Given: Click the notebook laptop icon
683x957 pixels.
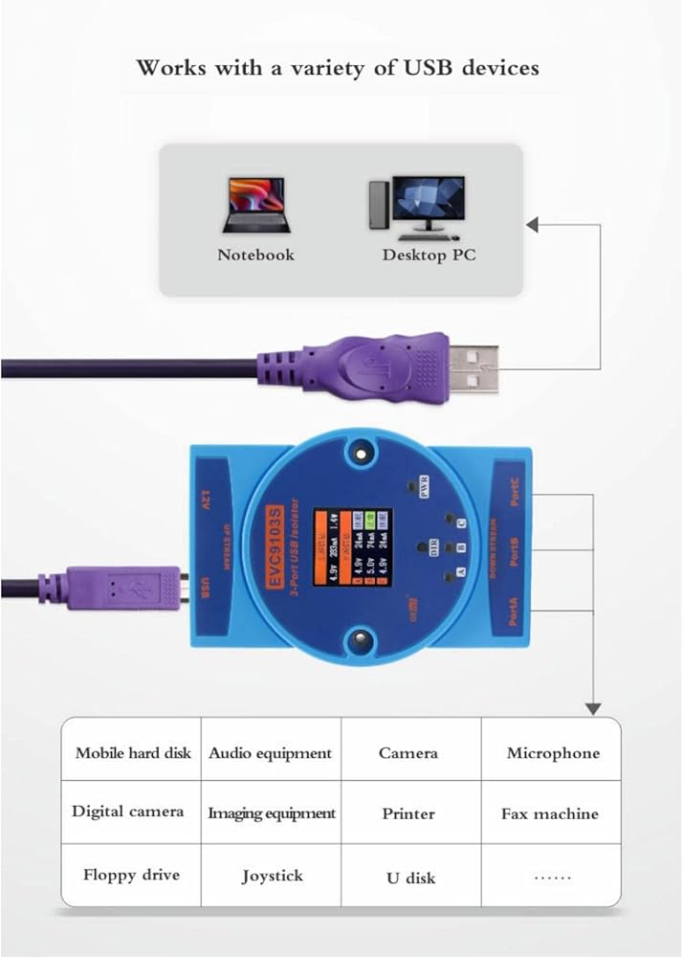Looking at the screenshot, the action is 254,205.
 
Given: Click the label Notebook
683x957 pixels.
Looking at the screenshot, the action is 255,255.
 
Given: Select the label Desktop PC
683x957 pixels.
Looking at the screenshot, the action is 429,255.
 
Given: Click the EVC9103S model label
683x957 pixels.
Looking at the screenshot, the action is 271,546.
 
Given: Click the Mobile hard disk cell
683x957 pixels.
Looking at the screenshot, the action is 133,753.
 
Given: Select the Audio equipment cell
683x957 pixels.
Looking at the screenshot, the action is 271,753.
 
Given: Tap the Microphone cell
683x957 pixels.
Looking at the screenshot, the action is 553,753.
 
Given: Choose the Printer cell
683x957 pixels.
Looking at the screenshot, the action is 408,813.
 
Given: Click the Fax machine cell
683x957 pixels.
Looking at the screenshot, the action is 550,813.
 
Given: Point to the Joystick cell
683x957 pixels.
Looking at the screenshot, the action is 272,876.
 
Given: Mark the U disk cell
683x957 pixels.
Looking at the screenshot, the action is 409,878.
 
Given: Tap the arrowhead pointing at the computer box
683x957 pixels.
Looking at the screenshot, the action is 533,225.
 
